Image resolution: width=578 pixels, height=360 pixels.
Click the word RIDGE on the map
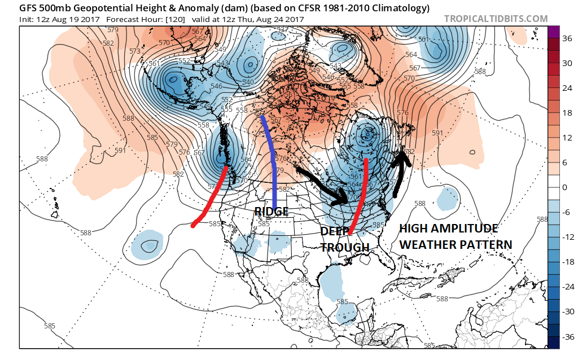(x=272, y=212)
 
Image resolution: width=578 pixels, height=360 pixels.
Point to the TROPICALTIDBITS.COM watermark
(x=496, y=19)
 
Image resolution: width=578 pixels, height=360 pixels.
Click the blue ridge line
(x=272, y=164)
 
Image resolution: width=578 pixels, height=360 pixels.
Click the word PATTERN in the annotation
(x=487, y=245)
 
